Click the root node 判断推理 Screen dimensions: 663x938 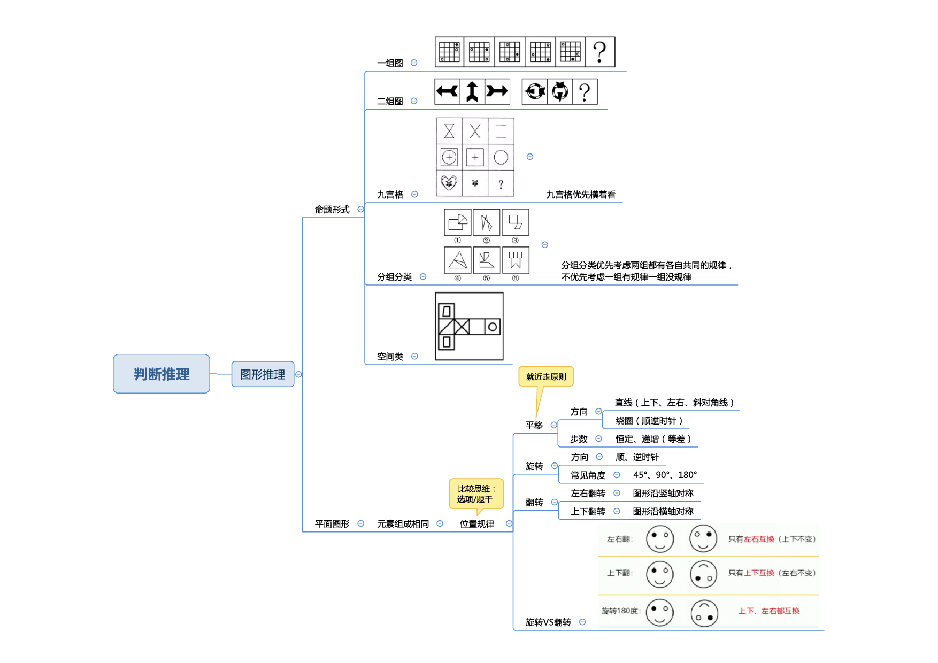point(162,374)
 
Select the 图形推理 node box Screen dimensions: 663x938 point(263,374)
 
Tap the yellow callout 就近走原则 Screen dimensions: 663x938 point(546,376)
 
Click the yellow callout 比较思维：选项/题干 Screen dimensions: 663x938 point(476,494)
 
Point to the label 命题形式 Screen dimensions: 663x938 point(332,210)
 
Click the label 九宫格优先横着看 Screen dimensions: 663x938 point(580,195)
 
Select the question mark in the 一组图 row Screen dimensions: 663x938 point(600,52)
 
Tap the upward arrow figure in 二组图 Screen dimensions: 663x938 point(472,91)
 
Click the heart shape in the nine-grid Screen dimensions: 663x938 point(449,183)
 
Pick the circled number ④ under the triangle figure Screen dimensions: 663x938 point(457,278)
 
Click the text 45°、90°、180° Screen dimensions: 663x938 point(665,475)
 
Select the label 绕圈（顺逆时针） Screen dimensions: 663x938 point(649,421)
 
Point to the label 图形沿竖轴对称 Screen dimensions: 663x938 point(663,493)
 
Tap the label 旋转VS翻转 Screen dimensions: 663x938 point(548,622)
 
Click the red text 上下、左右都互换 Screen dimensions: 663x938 point(769,611)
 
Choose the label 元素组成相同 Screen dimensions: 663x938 point(403,524)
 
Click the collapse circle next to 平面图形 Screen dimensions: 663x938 point(361,523)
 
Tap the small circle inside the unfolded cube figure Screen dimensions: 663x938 point(493,327)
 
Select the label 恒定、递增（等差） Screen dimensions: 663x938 point(653,439)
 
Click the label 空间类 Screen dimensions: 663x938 point(390,357)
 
